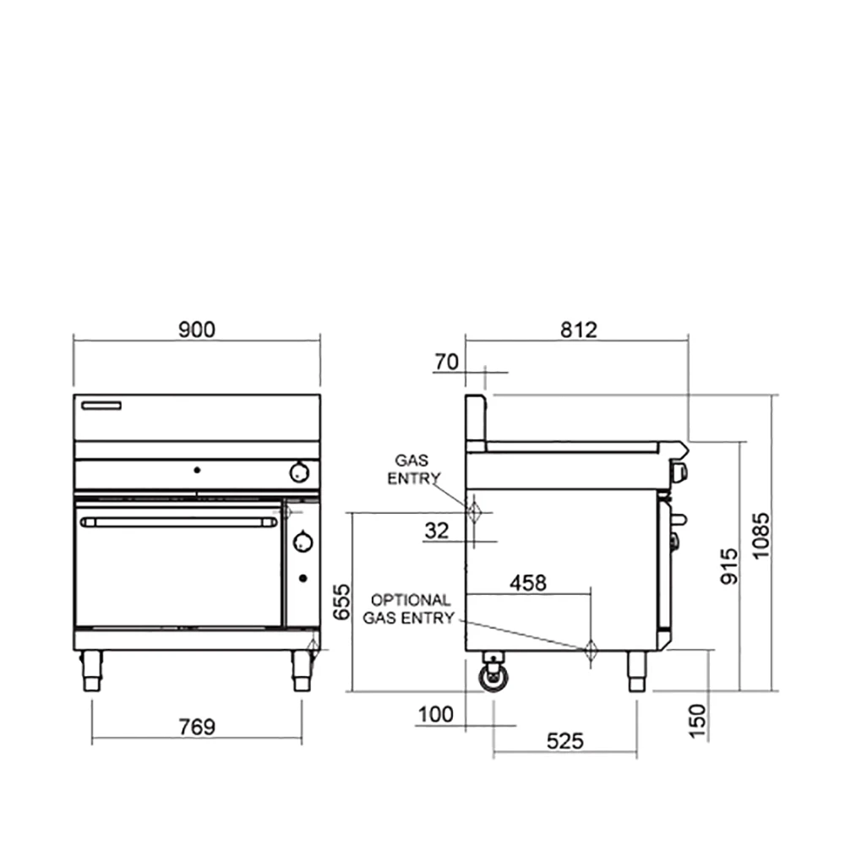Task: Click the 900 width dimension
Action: coord(197,330)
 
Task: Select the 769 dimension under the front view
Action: coord(197,727)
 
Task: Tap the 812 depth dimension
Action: coord(579,330)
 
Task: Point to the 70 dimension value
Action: coord(447,363)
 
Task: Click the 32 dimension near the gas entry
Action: coord(437,531)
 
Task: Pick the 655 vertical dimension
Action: coord(341,602)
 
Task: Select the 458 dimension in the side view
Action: coord(528,582)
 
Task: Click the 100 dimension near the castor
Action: coord(435,715)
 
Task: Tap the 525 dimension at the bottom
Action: coord(564,742)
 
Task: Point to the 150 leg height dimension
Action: coord(697,721)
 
